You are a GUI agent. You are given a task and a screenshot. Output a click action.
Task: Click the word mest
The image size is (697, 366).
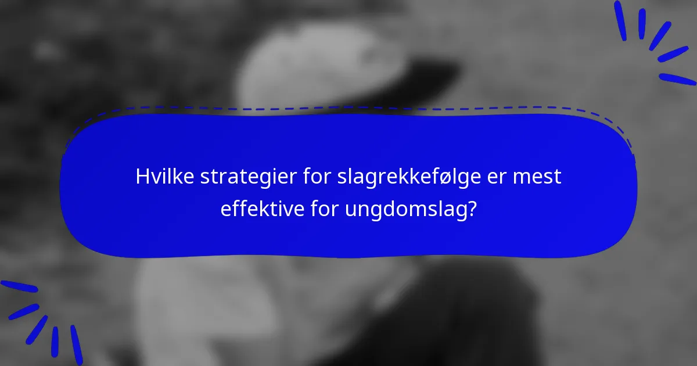(543, 177)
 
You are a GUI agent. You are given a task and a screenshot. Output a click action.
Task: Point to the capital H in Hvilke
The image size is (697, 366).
(142, 177)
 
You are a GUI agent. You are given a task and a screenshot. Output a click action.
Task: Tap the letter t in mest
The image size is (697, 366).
(558, 177)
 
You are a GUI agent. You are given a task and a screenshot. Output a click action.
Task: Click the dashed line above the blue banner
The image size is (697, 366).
(348, 107)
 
